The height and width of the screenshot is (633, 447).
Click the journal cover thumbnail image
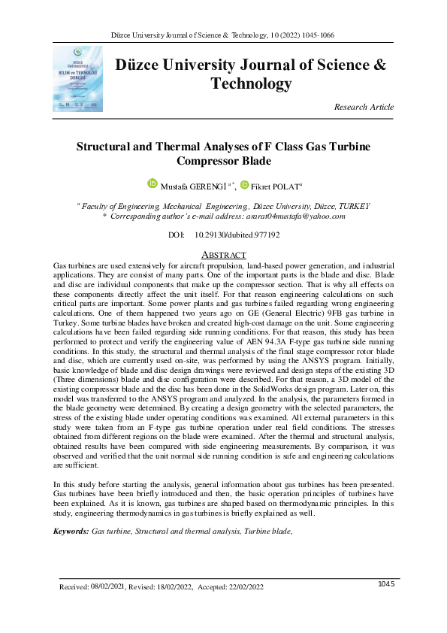pyautogui.click(x=78, y=80)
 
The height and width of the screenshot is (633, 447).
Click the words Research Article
pyautogui.click(x=364, y=108)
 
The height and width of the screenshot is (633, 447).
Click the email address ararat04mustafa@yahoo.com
pyautogui.click(x=299, y=216)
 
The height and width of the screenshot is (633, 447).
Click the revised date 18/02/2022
pyautogui.click(x=173, y=586)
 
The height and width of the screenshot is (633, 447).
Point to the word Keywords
pyautogui.click(x=70, y=531)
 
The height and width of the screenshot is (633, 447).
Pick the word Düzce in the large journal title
pyautogui.click(x=139, y=65)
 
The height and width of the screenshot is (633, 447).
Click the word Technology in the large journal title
pyautogui.click(x=251, y=83)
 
